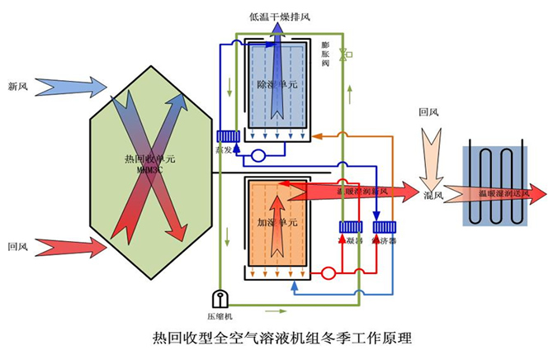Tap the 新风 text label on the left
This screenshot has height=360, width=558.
click(18, 86)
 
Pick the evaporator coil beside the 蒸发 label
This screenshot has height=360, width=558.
click(228, 136)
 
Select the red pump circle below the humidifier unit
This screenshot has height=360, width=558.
click(326, 272)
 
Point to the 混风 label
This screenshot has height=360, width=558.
click(433, 196)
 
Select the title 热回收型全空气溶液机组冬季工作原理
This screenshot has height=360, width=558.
click(281, 338)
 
